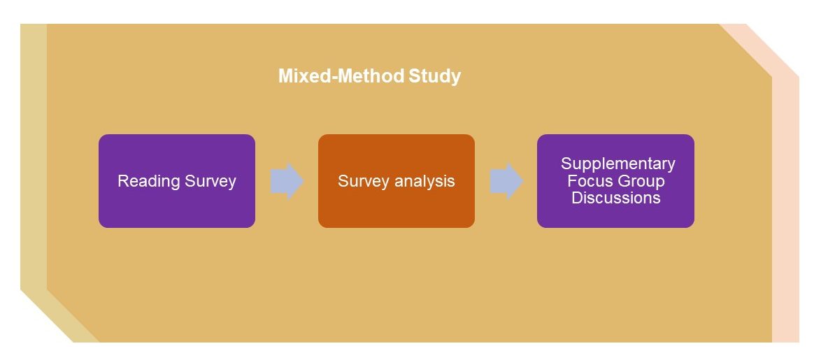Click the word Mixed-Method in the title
(341, 76)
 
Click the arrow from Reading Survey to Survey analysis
(287, 181)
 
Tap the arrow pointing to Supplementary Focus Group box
(506, 181)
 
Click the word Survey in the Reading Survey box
(210, 182)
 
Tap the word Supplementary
(618, 164)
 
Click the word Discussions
(616, 198)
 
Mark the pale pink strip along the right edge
(785, 210)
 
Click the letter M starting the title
(285, 76)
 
